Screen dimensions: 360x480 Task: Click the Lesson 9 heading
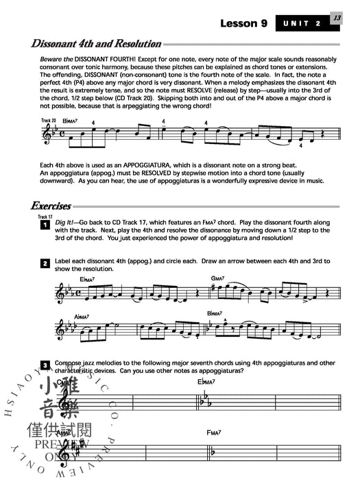[243, 23]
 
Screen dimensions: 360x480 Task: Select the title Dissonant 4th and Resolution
[96, 44]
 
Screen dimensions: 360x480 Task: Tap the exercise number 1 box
[44, 224]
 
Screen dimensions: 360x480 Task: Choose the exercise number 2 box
[44, 263]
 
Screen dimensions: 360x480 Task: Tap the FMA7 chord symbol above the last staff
[214, 433]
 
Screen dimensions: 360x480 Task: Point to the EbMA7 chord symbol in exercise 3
[207, 381]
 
